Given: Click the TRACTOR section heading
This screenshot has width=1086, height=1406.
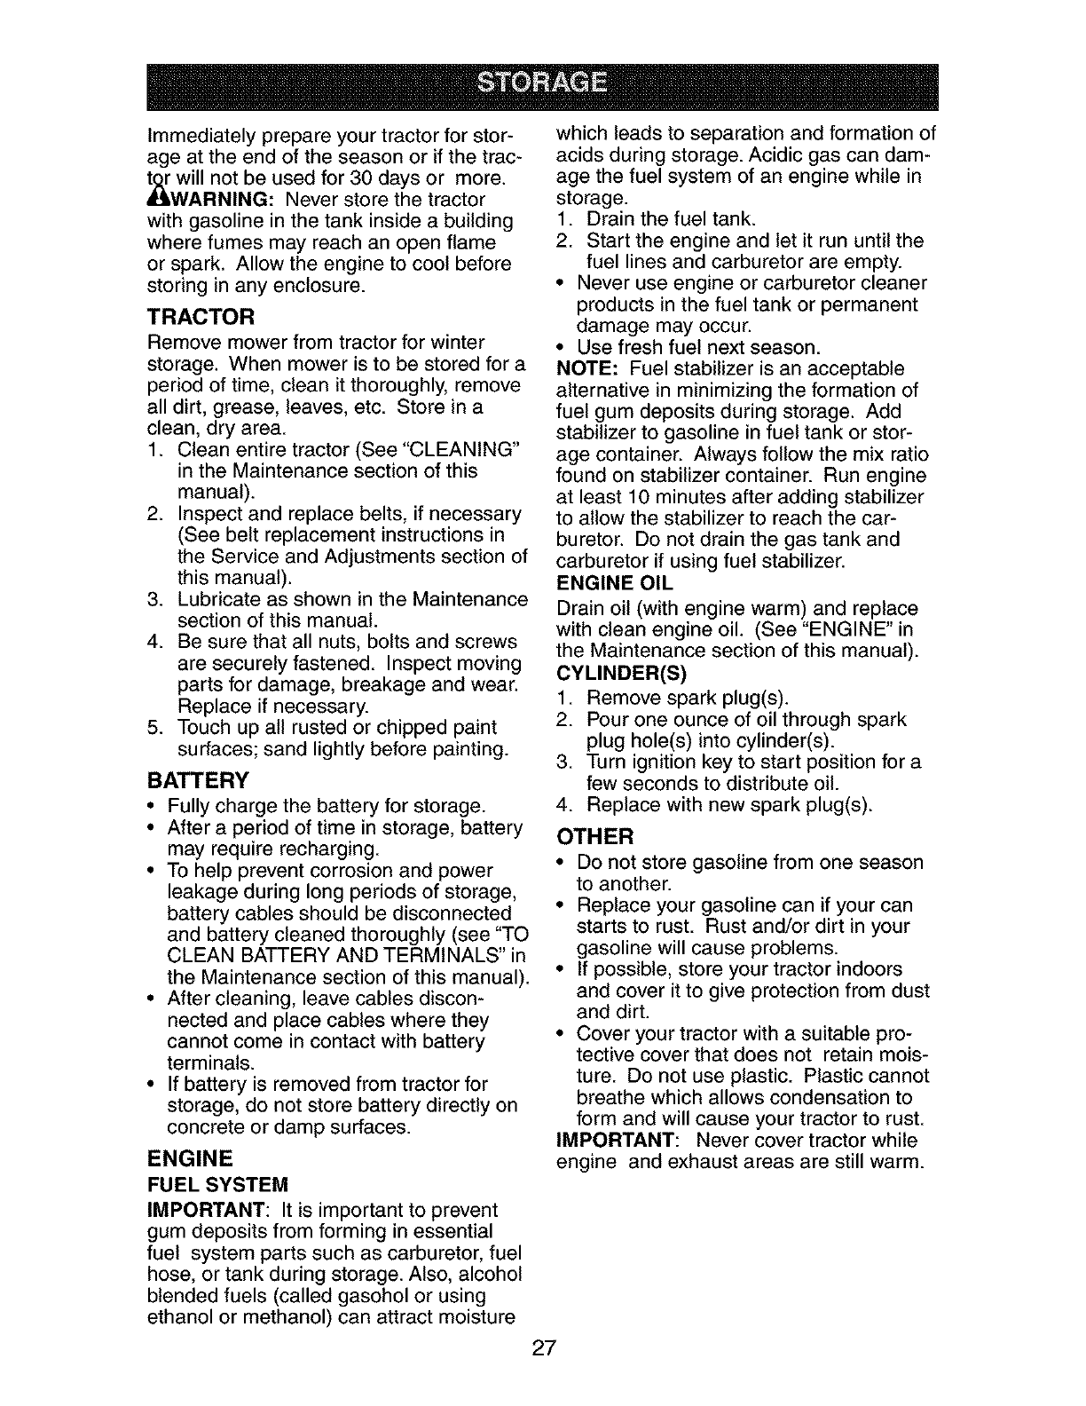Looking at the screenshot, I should [201, 317].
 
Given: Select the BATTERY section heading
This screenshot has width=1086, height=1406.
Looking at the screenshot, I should [198, 781].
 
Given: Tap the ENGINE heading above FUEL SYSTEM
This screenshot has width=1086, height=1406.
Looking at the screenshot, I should [190, 1158].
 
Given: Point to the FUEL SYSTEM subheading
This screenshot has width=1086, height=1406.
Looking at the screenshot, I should [218, 1186].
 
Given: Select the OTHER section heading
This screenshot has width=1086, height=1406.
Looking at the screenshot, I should [594, 837].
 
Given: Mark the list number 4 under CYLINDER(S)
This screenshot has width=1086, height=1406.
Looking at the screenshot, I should [563, 806].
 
